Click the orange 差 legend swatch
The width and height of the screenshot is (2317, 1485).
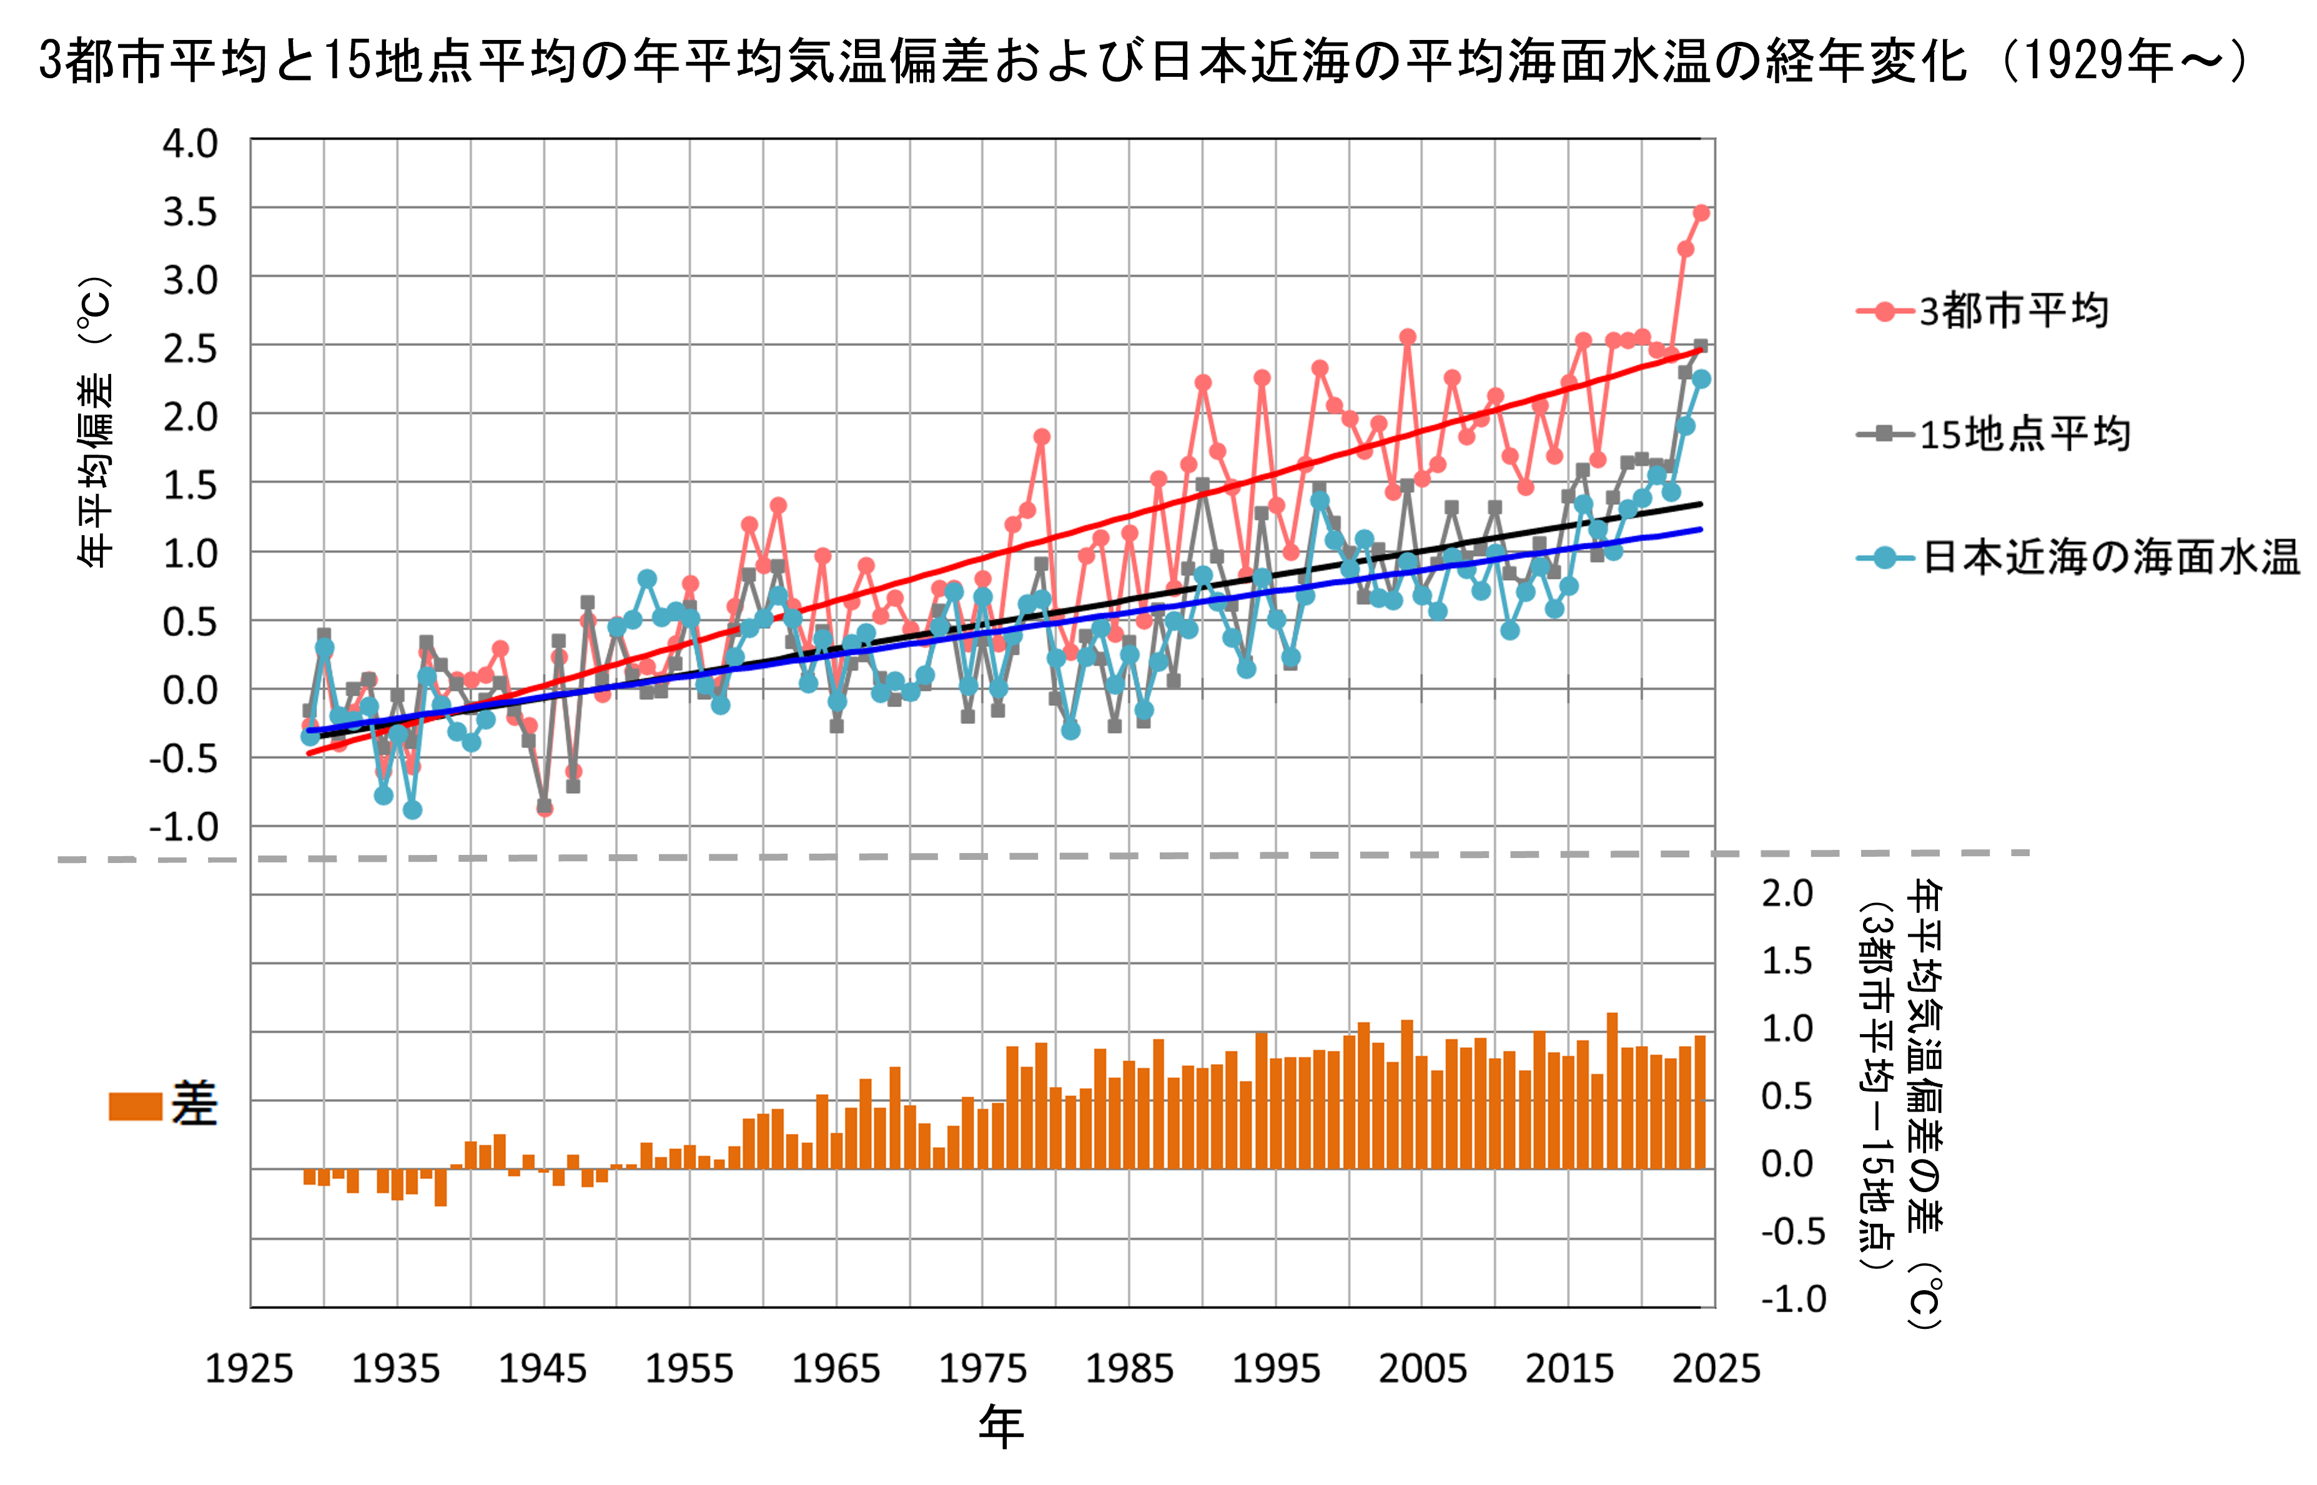click(135, 1106)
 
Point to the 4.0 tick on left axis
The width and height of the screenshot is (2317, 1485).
click(190, 144)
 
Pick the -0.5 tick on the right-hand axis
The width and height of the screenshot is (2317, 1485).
click(1792, 1231)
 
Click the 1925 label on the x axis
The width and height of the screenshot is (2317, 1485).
click(249, 1368)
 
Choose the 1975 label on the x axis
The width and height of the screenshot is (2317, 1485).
click(982, 1368)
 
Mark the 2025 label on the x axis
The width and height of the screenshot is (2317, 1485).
click(1716, 1368)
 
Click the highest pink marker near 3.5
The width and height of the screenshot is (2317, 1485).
click(1701, 213)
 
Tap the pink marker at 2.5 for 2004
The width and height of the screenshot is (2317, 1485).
click(1408, 337)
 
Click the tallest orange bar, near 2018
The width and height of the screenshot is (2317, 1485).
click(1612, 1090)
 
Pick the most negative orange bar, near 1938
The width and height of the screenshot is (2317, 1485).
click(441, 1187)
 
